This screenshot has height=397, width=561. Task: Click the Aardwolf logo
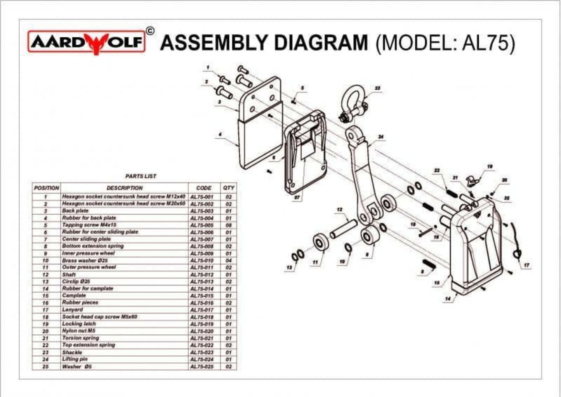86,42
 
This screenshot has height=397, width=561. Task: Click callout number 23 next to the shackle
377,89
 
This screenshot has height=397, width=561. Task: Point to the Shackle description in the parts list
72,352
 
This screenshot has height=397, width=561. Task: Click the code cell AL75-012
202,275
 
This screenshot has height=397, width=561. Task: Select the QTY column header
229,188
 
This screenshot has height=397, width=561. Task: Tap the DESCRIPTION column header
125,188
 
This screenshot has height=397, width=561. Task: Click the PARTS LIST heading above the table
141,176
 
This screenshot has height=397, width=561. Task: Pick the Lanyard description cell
73,310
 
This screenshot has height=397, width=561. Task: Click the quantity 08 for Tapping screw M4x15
229,225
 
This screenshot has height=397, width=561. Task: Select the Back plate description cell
75,211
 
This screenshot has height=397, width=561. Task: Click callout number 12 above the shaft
340,210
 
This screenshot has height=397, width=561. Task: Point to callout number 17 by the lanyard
526,265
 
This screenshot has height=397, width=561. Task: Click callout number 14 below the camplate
448,299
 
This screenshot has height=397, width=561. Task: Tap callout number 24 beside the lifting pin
381,137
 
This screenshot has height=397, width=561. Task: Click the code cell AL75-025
202,366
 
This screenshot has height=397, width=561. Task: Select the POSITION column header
46,188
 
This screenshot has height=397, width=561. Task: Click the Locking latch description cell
79,324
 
